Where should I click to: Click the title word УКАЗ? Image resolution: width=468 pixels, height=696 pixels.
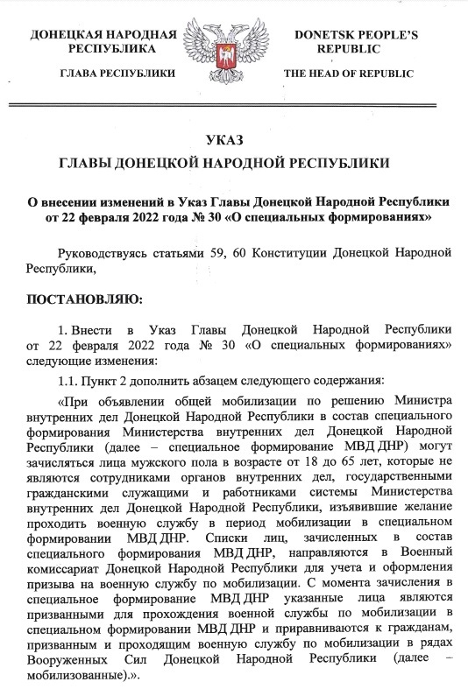(233, 140)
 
